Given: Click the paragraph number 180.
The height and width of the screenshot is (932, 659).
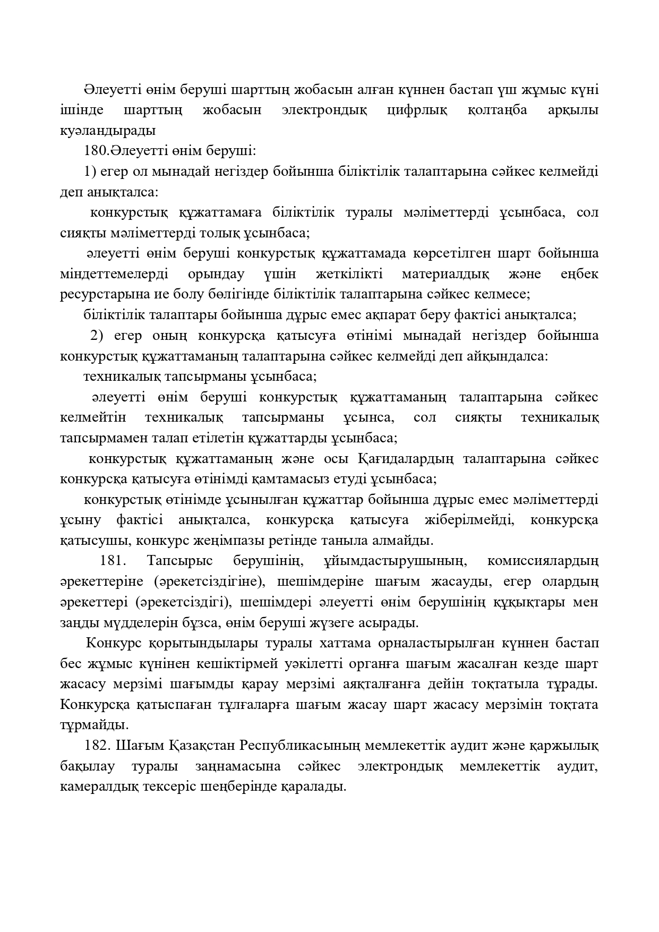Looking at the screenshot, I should pyautogui.click(x=96, y=151).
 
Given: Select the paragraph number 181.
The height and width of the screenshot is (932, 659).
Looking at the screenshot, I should pyautogui.click(x=112, y=561).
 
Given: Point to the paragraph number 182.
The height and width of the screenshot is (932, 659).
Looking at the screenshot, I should pyautogui.click(x=97, y=746).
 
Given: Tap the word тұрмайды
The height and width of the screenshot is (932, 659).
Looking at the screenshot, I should pyautogui.click(x=94, y=725).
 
